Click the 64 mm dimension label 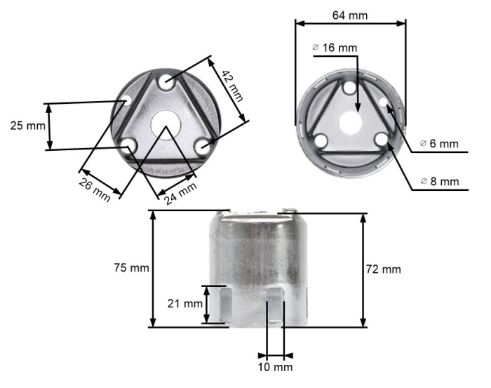(x=350, y=15)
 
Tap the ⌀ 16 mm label (x=335, y=47)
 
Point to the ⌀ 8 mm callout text (x=440, y=182)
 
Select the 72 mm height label (x=383, y=269)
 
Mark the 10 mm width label (x=275, y=367)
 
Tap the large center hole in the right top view (x=351, y=121)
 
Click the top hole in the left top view (x=166, y=82)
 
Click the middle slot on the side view (x=274, y=303)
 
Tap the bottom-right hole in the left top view (x=203, y=146)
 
